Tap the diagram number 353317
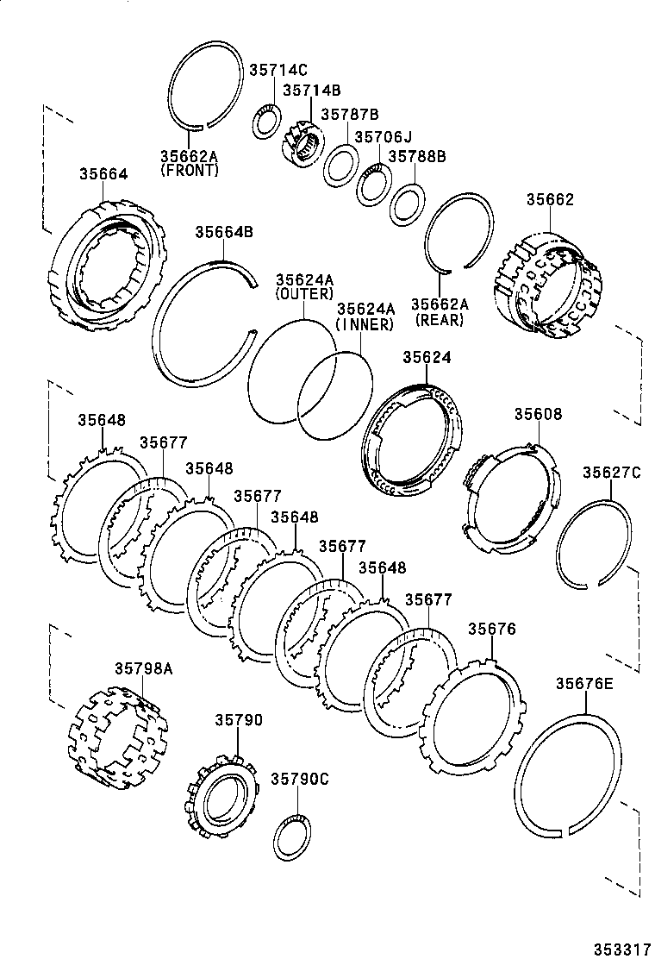pos(620,948)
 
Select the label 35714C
pos(278,71)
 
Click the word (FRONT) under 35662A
pos(190,171)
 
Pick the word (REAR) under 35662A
pos(439,319)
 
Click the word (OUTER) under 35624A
pos(303,294)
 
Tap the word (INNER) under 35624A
pos(365,324)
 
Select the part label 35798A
pos(144,668)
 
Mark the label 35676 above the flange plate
pos(491,630)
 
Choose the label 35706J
pos(384,136)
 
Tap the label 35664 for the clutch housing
pos(103,173)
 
